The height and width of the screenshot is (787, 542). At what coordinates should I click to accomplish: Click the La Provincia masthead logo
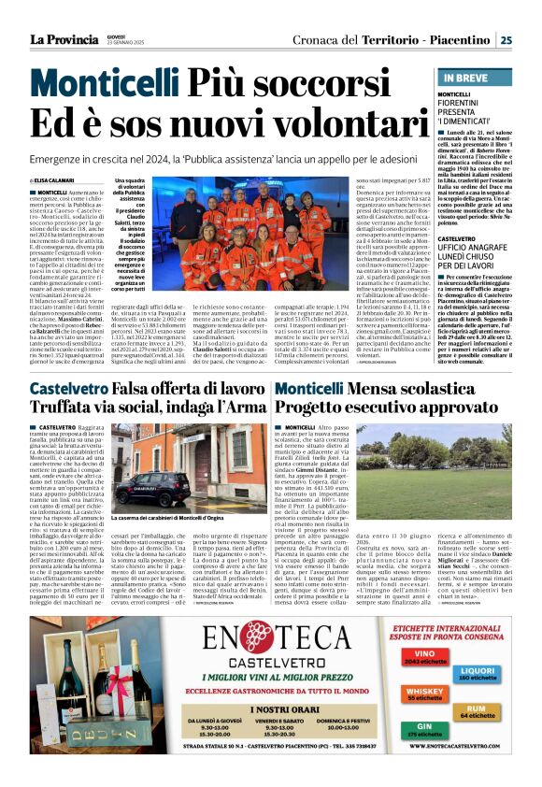[63, 39]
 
